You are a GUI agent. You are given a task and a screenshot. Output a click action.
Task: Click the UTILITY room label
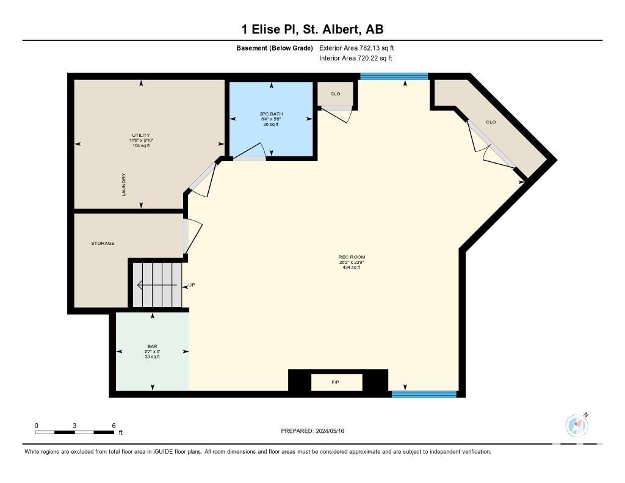point(141,135)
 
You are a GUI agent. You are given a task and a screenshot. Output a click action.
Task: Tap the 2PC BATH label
point(271,114)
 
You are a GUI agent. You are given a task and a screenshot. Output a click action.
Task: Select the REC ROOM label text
point(352,257)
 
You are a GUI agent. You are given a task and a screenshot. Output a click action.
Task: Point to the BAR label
point(152,347)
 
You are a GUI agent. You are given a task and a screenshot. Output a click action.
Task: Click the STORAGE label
point(103,243)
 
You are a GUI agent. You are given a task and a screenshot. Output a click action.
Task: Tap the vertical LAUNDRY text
point(124,184)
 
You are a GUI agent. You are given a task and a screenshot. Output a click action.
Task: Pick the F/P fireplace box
point(336,382)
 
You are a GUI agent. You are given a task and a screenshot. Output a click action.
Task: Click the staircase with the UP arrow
point(157,285)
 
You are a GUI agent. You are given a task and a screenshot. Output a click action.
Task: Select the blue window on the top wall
point(394,76)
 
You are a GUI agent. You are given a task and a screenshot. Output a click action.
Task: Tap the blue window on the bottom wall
point(424,394)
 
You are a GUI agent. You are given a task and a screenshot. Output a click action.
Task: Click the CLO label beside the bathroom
point(335,93)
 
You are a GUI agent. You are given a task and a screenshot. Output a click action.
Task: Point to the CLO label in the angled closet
point(491,122)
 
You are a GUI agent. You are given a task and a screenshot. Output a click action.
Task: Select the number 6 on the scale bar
point(114,426)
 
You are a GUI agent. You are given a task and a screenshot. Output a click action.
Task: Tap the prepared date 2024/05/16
point(330,430)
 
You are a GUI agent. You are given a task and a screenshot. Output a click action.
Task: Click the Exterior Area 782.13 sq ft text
point(356,48)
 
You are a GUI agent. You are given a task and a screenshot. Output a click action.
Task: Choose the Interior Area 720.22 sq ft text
point(356,58)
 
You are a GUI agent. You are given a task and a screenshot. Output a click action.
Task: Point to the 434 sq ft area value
point(352,267)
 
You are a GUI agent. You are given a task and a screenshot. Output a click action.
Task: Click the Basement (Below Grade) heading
point(275,48)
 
